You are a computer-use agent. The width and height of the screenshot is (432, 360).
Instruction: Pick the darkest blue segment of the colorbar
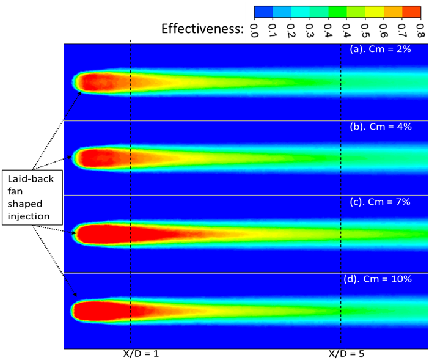(x=264, y=11)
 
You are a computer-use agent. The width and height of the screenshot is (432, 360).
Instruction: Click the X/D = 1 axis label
(x=141, y=353)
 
